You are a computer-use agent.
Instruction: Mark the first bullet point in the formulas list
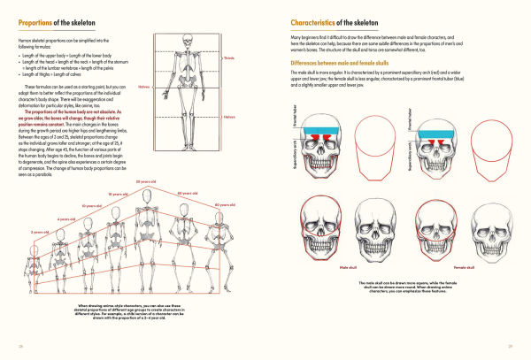tap(19, 55)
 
